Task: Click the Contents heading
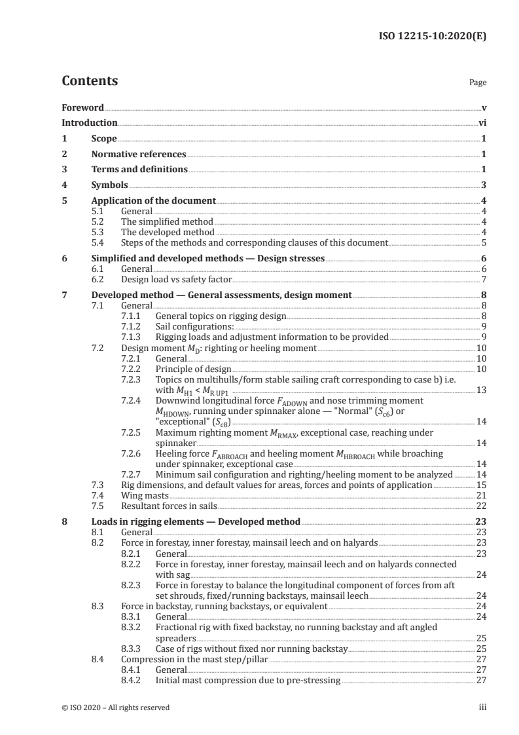[90, 81]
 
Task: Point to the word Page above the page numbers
[478, 83]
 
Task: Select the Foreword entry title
[82, 107]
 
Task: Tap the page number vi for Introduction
[482, 122]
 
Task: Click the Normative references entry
[139, 155]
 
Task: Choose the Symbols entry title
[110, 185]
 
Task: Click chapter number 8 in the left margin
[64, 522]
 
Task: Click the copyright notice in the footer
[115, 707]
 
